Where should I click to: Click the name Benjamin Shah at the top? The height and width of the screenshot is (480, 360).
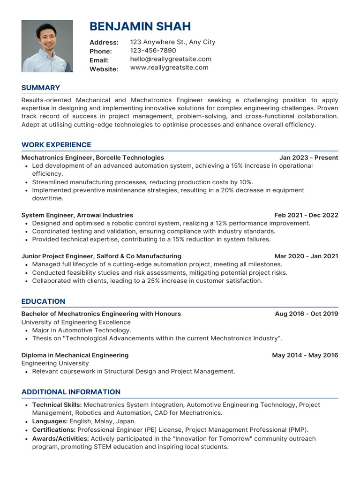pos(140,26)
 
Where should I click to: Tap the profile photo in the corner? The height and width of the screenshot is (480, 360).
pos(47,46)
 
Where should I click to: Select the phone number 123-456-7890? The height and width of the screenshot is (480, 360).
pos(153,51)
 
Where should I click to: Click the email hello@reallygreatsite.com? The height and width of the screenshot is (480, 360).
pos(171,59)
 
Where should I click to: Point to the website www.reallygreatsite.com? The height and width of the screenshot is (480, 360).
pos(169,67)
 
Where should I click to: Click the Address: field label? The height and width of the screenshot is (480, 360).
pos(104,43)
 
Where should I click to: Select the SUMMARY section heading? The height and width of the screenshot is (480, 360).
pos(41,88)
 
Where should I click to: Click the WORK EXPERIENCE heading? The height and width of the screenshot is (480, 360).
pos(56,145)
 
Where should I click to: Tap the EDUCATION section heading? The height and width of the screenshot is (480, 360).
pos(43,301)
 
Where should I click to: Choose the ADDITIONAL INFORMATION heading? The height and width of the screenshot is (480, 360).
pos(71,392)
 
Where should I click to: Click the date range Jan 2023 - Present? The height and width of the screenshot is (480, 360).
pos(308,157)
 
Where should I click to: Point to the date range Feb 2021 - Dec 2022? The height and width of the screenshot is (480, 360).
pos(306,215)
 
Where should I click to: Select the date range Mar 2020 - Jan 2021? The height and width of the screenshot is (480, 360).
pos(306,256)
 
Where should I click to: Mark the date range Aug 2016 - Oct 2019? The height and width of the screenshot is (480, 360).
pos(306,314)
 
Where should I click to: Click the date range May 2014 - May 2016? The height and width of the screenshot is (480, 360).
pos(305,355)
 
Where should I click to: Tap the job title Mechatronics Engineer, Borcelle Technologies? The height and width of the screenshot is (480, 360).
pos(93,157)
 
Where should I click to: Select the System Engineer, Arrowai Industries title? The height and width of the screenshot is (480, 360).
pos(77,215)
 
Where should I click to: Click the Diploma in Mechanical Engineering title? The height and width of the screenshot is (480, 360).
pos(75,355)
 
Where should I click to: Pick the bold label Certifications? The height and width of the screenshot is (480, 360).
pos(54,429)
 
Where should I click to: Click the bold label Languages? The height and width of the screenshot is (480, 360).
pos(50,421)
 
